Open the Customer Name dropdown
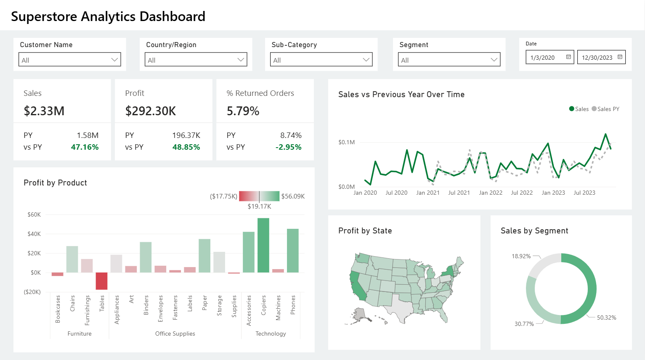pos(70,60)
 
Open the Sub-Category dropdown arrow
pos(366,60)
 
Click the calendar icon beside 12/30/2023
pos(620,57)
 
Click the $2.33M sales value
pos(44,111)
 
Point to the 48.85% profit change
pos(186,147)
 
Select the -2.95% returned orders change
pos(288,147)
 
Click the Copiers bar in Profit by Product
pos(263,245)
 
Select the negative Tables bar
pos(101,281)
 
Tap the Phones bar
pos(293,250)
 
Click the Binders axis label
pos(146,305)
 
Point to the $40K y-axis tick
pos(34,234)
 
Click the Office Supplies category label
pos(175,334)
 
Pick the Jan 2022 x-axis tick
pos(491,193)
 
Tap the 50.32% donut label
pos(606,318)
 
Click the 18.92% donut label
pos(521,256)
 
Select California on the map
pos(358,286)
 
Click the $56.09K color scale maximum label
pos(293,196)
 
